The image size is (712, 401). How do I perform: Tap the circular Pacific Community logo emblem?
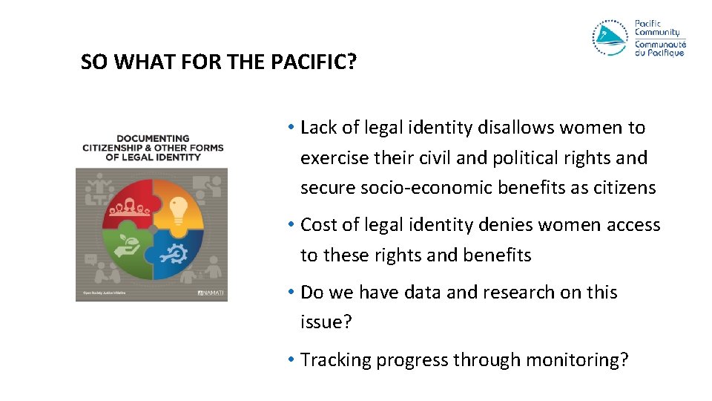tap(610, 38)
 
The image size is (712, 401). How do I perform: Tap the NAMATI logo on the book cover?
tap(210, 293)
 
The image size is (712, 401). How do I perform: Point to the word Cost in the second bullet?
tap(320, 225)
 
